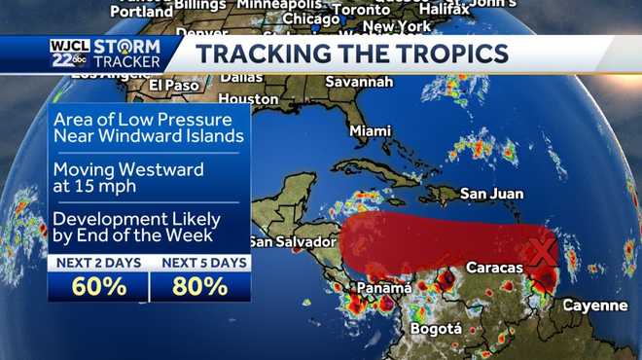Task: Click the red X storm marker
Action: [x=541, y=251]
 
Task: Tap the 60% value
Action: [x=97, y=287]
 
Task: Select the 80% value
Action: [x=200, y=287]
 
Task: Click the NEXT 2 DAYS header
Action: [x=97, y=263]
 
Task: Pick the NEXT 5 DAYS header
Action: [x=200, y=263]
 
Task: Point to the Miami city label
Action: [x=370, y=130]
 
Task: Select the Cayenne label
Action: [x=595, y=306]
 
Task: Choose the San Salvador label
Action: [x=292, y=241]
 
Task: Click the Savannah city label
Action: [x=358, y=82]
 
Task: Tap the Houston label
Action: [x=248, y=99]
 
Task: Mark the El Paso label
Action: [x=174, y=85]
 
